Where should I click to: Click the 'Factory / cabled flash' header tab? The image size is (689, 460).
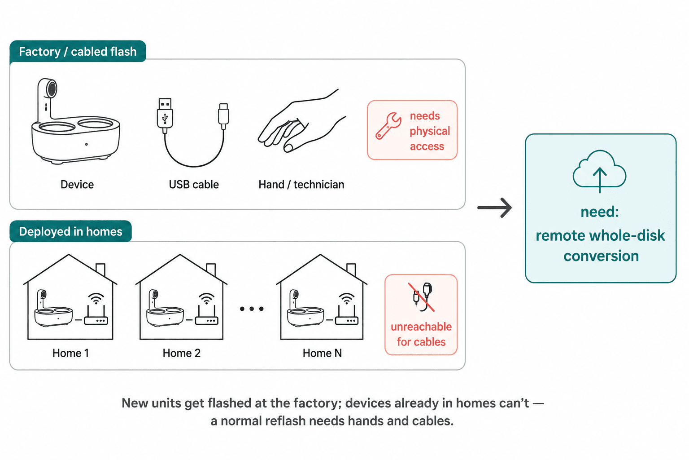(78, 51)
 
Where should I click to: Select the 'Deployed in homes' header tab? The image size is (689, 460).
(71, 231)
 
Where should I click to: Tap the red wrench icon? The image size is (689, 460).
(388, 126)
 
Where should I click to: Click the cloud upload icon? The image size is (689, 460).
(599, 170)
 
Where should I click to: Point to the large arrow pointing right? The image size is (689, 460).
(494, 208)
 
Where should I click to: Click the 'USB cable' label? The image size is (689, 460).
(194, 184)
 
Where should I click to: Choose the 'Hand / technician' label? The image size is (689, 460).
(301, 184)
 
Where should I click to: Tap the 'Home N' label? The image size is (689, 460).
(322, 353)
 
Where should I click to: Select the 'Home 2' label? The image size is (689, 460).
(182, 353)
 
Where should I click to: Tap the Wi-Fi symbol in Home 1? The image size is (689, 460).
(96, 299)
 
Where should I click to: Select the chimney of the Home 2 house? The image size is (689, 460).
(211, 269)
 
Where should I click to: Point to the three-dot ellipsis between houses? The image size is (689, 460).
(252, 309)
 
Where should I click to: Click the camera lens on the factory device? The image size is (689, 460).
(52, 89)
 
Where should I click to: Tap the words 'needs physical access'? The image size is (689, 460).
(430, 131)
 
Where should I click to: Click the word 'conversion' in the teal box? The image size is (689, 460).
(601, 256)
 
